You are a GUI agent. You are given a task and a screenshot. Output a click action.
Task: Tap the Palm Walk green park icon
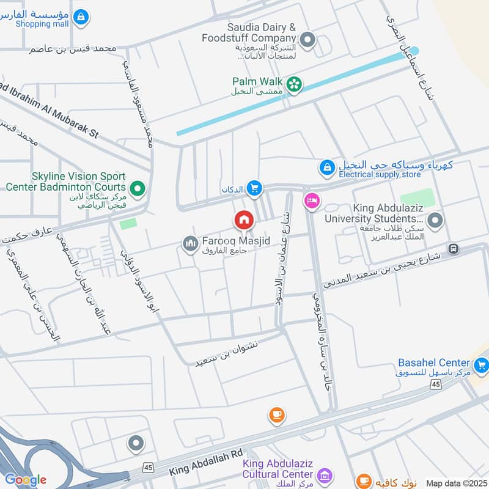click(295, 84)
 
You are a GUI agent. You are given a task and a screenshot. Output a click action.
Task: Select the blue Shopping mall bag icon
click(80, 18)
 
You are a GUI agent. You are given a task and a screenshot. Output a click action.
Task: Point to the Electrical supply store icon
click(327, 166)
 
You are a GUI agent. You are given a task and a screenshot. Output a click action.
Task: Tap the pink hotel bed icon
click(312, 200)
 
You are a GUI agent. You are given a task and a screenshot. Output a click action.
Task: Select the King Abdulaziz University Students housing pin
click(435, 221)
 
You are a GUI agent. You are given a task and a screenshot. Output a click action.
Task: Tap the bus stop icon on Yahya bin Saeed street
click(453, 248)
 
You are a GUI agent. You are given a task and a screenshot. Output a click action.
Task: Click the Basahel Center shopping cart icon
click(481, 365)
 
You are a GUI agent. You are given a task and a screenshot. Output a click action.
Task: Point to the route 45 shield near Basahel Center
click(435, 384)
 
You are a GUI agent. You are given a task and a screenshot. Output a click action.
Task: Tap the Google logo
click(25, 480)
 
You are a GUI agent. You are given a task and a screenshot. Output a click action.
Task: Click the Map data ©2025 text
click(455, 483)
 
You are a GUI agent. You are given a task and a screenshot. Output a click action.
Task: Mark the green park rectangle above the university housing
click(417, 198)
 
